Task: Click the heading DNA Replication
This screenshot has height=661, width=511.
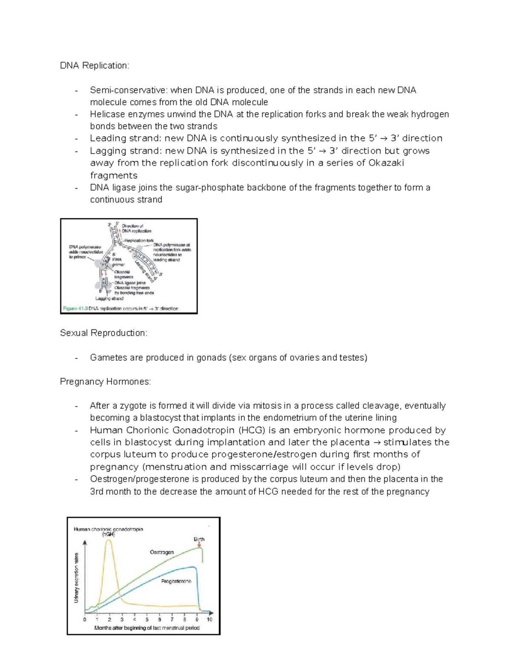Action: (94, 66)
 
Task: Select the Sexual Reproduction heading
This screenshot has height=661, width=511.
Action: (103, 333)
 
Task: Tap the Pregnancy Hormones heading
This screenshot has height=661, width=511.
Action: (105, 382)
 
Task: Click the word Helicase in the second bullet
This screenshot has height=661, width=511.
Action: (107, 114)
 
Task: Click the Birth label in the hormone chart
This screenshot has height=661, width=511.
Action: (199, 539)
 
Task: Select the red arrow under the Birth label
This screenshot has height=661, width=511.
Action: (199, 544)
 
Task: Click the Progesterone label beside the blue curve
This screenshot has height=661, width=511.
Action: (176, 581)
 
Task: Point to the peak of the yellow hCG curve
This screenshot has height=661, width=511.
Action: (109, 540)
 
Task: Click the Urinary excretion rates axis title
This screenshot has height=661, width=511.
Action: (77, 577)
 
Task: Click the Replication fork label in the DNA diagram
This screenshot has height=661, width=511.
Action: (139, 240)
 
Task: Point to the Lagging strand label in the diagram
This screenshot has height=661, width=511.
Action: (109, 298)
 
